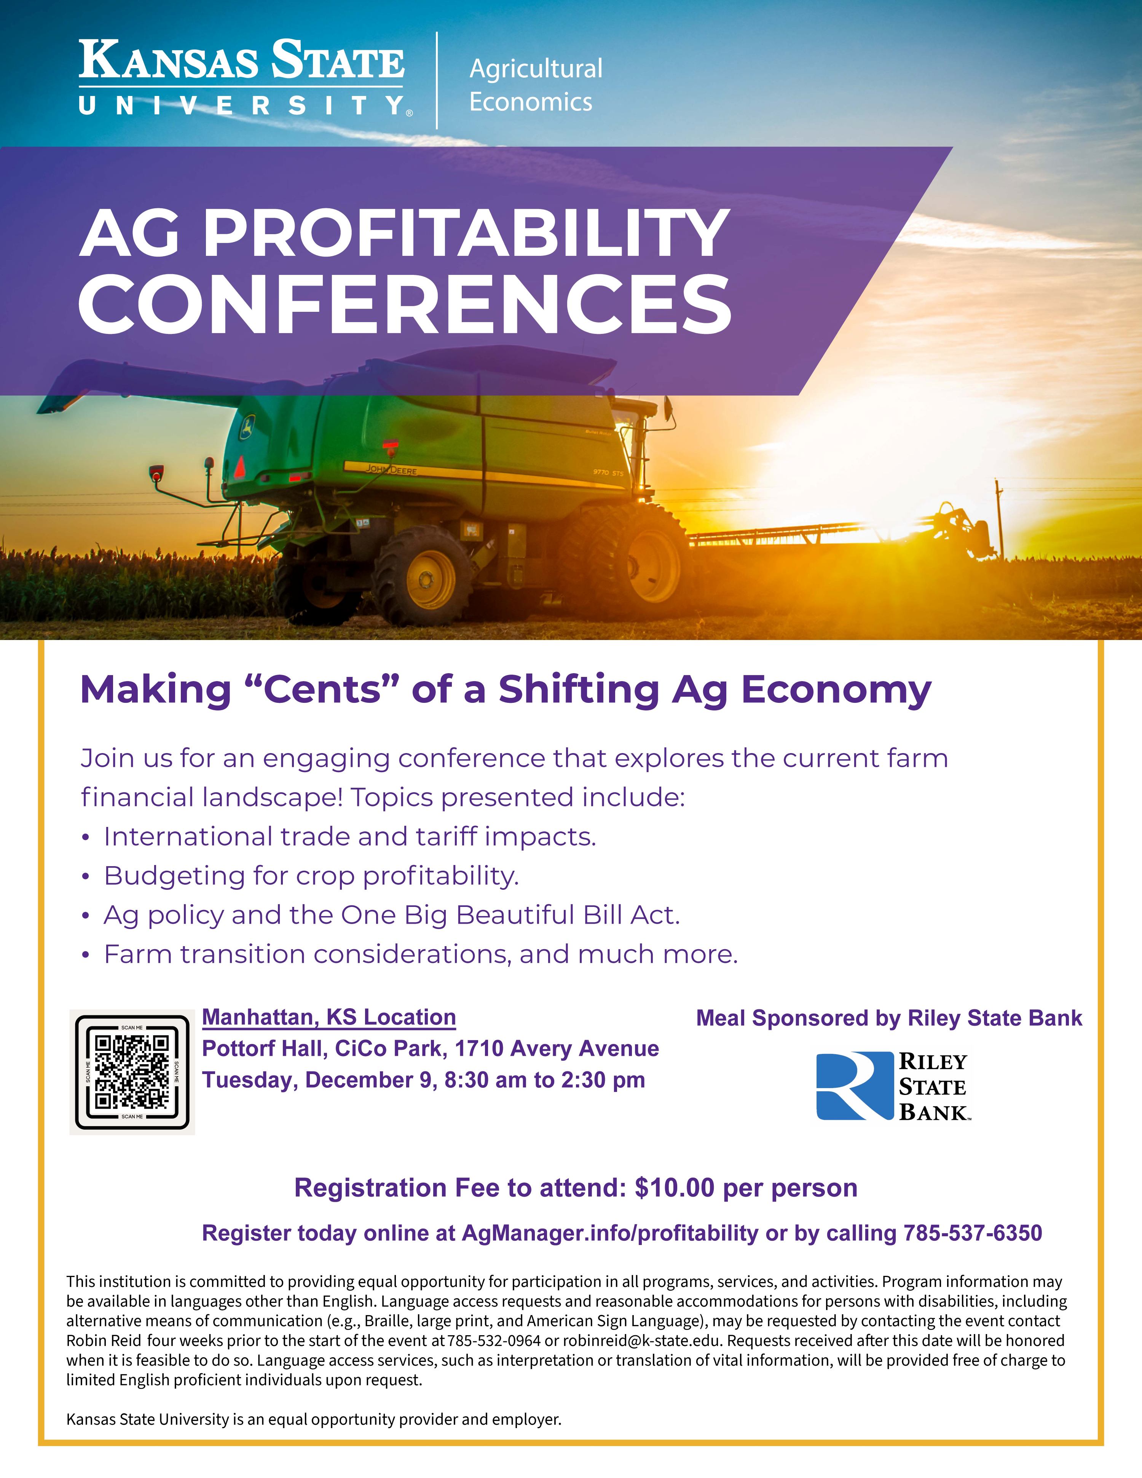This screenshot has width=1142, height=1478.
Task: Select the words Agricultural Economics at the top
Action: pos(535,85)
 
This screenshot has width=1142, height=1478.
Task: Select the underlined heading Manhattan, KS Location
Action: pos(329,1017)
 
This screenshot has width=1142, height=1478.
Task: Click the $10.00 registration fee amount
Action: pos(675,1188)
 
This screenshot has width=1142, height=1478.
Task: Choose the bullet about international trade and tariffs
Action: pos(349,836)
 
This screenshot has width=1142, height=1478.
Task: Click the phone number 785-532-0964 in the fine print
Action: pos(494,1341)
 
